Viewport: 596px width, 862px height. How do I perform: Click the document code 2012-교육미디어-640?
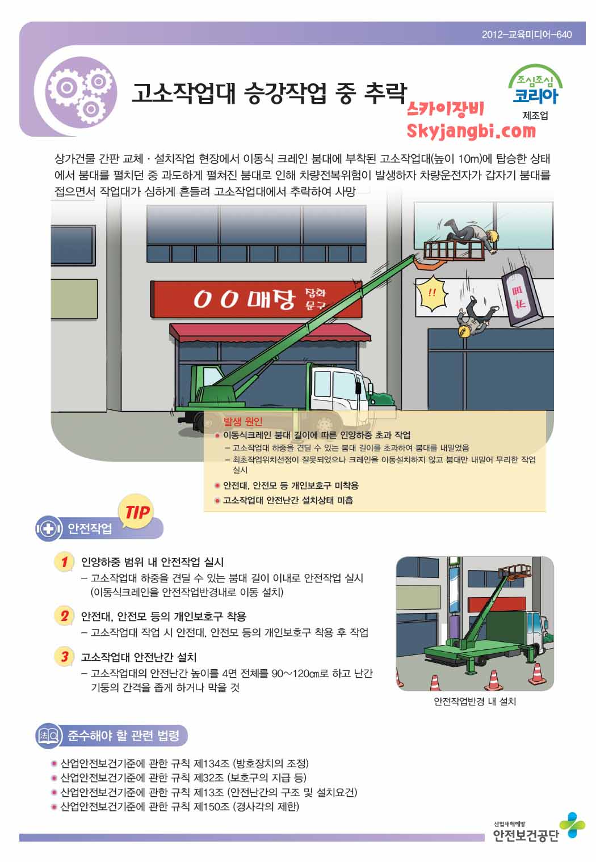[x=527, y=35]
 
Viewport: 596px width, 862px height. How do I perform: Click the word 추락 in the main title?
[x=385, y=93]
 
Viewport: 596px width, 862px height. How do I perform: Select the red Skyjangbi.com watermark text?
[x=471, y=131]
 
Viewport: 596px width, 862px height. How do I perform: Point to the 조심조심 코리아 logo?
[x=535, y=84]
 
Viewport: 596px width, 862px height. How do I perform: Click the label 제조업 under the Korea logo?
[x=535, y=116]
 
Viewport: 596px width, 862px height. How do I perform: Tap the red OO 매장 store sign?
[x=256, y=299]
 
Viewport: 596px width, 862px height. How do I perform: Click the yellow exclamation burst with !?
[x=432, y=293]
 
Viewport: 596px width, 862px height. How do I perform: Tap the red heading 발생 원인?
[x=243, y=421]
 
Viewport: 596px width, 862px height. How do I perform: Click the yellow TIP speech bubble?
[x=136, y=512]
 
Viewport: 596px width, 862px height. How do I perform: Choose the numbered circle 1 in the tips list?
[x=64, y=562]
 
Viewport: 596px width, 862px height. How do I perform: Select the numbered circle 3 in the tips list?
[x=64, y=657]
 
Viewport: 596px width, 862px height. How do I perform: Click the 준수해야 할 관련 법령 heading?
[x=123, y=736]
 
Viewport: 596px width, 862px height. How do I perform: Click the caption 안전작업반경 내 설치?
[x=475, y=701]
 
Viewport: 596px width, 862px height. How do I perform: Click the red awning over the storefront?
[x=270, y=333]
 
